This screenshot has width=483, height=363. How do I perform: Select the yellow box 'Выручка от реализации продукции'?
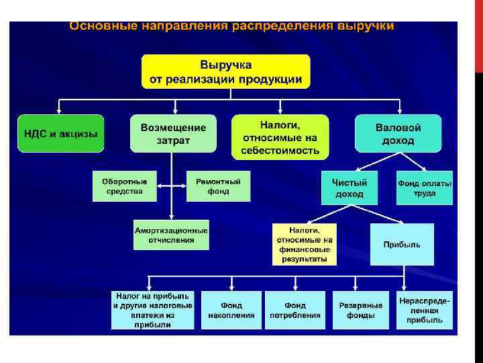pos(225,72)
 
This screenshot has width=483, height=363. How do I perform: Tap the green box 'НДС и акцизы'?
pos(60,133)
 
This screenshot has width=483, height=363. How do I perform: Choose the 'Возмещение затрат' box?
pos(174,133)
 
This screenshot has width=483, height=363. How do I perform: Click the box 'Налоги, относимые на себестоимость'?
pos(280,137)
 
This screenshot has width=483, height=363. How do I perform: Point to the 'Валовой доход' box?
pos(398,133)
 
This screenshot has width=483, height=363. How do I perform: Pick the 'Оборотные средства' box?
pos(124,186)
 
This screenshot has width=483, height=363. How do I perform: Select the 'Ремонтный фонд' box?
pos(218,186)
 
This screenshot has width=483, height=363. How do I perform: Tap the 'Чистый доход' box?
pos(349,188)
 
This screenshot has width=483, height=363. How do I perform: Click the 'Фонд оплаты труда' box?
pos(425,188)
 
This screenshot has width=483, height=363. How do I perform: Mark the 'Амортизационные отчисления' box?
pos(171,235)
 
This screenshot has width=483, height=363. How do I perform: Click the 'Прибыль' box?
pos(402,244)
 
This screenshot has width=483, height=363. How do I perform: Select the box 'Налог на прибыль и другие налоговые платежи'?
pos(152,310)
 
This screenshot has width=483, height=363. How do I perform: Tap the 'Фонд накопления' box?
pos(231,310)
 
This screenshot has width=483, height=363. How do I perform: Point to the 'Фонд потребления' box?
pos(294,310)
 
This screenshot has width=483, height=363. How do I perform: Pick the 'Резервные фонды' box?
pos(360,310)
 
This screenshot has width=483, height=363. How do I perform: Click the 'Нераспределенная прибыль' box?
pos(425,310)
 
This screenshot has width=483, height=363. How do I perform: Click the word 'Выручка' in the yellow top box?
pos(225,65)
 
